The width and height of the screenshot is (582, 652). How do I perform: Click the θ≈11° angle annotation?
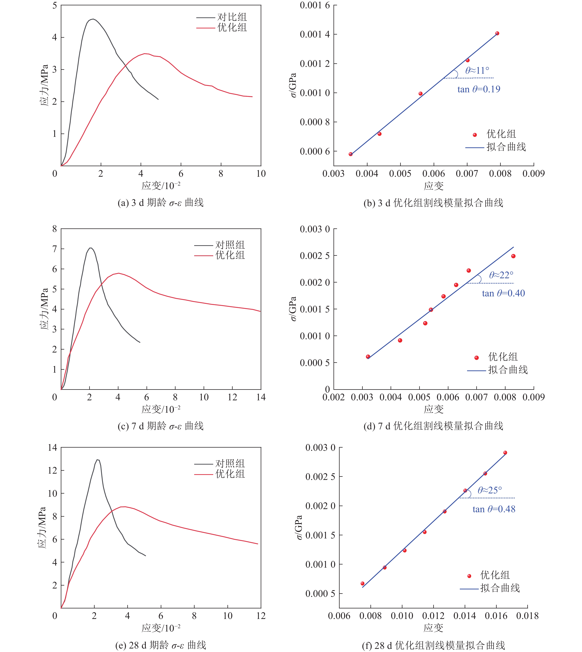477,70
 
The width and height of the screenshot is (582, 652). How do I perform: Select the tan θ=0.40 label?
503,293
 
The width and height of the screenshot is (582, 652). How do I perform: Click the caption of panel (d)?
433,426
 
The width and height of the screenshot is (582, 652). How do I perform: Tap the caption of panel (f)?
433,645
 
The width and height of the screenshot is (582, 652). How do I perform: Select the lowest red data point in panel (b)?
350,154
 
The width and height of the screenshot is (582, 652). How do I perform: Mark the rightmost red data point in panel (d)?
513,256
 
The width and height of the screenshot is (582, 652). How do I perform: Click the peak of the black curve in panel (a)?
93,19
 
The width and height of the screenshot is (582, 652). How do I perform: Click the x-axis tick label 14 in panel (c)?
261,397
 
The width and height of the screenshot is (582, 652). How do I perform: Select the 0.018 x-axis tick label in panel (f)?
527,616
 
